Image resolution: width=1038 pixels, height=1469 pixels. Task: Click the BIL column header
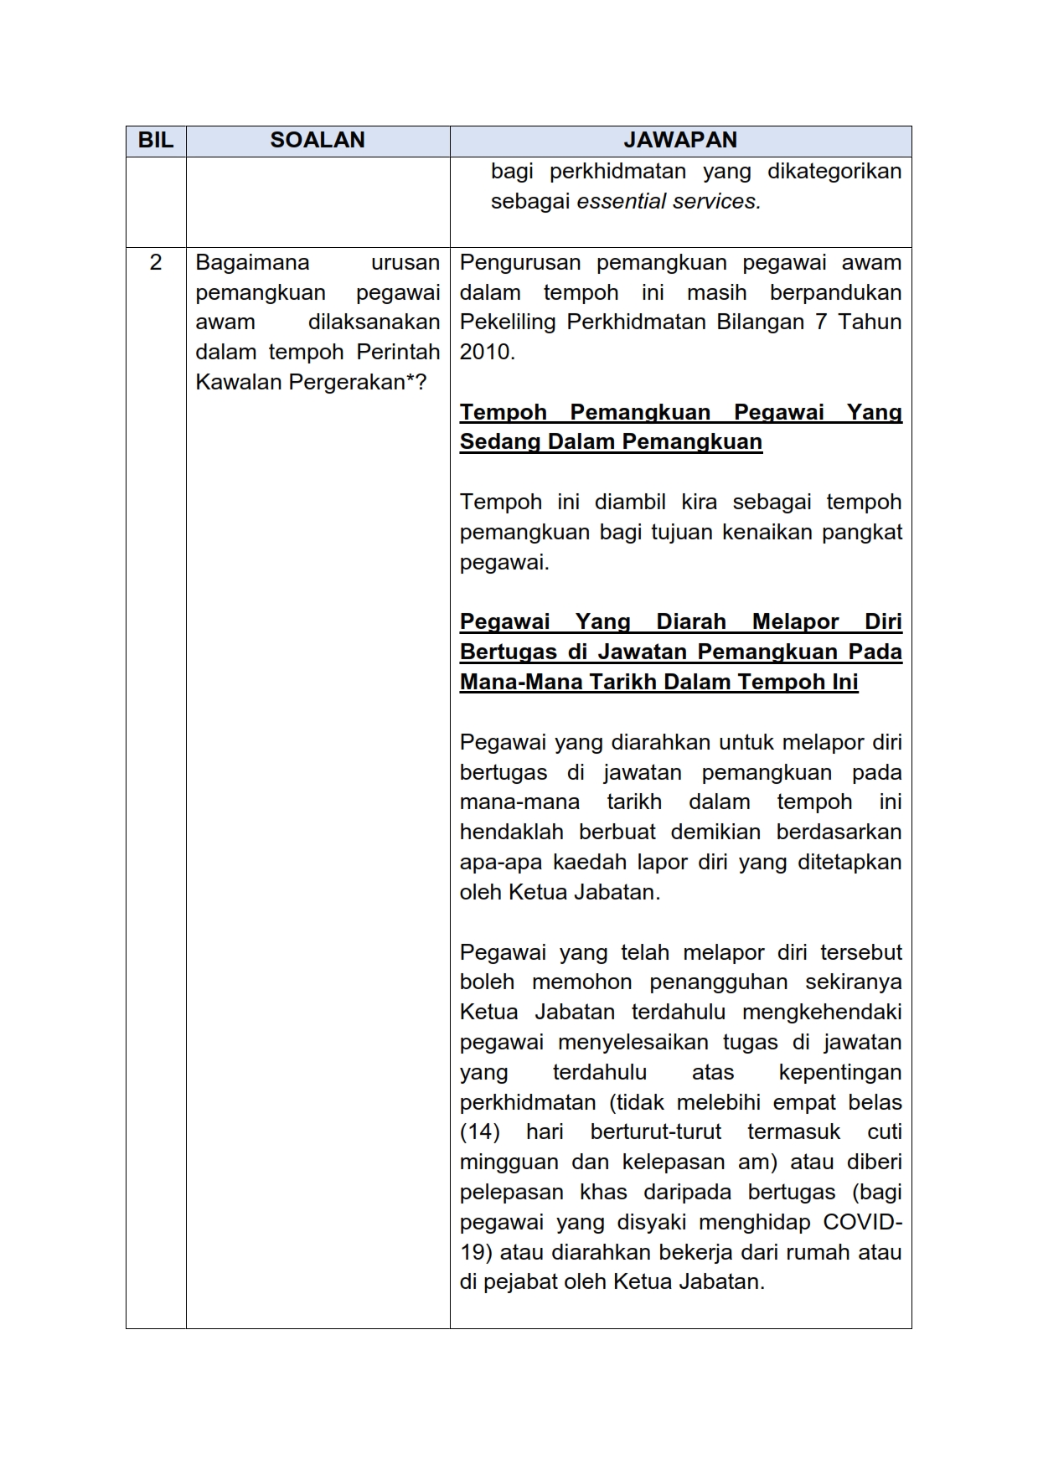coord(155,140)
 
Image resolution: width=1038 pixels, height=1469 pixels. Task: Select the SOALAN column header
coord(318,140)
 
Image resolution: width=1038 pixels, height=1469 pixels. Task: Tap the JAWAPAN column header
coord(680,140)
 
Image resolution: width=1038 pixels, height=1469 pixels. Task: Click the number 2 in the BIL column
coord(155,262)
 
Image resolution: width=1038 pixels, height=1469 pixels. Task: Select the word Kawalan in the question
coord(239,382)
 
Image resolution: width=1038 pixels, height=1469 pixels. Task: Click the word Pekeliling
coord(509,322)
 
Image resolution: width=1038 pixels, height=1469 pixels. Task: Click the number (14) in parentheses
coord(479,1131)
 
